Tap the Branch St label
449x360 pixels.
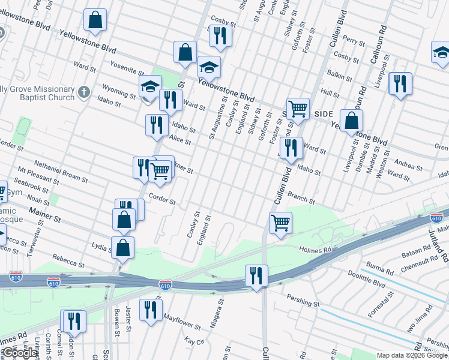(301, 198)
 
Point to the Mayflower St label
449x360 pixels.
(182, 322)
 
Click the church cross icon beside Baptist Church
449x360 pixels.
(84, 93)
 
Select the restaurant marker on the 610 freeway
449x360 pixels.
(256, 276)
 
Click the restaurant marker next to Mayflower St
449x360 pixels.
(150, 310)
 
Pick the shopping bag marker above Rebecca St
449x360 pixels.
(123, 247)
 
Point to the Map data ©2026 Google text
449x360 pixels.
(412, 355)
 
